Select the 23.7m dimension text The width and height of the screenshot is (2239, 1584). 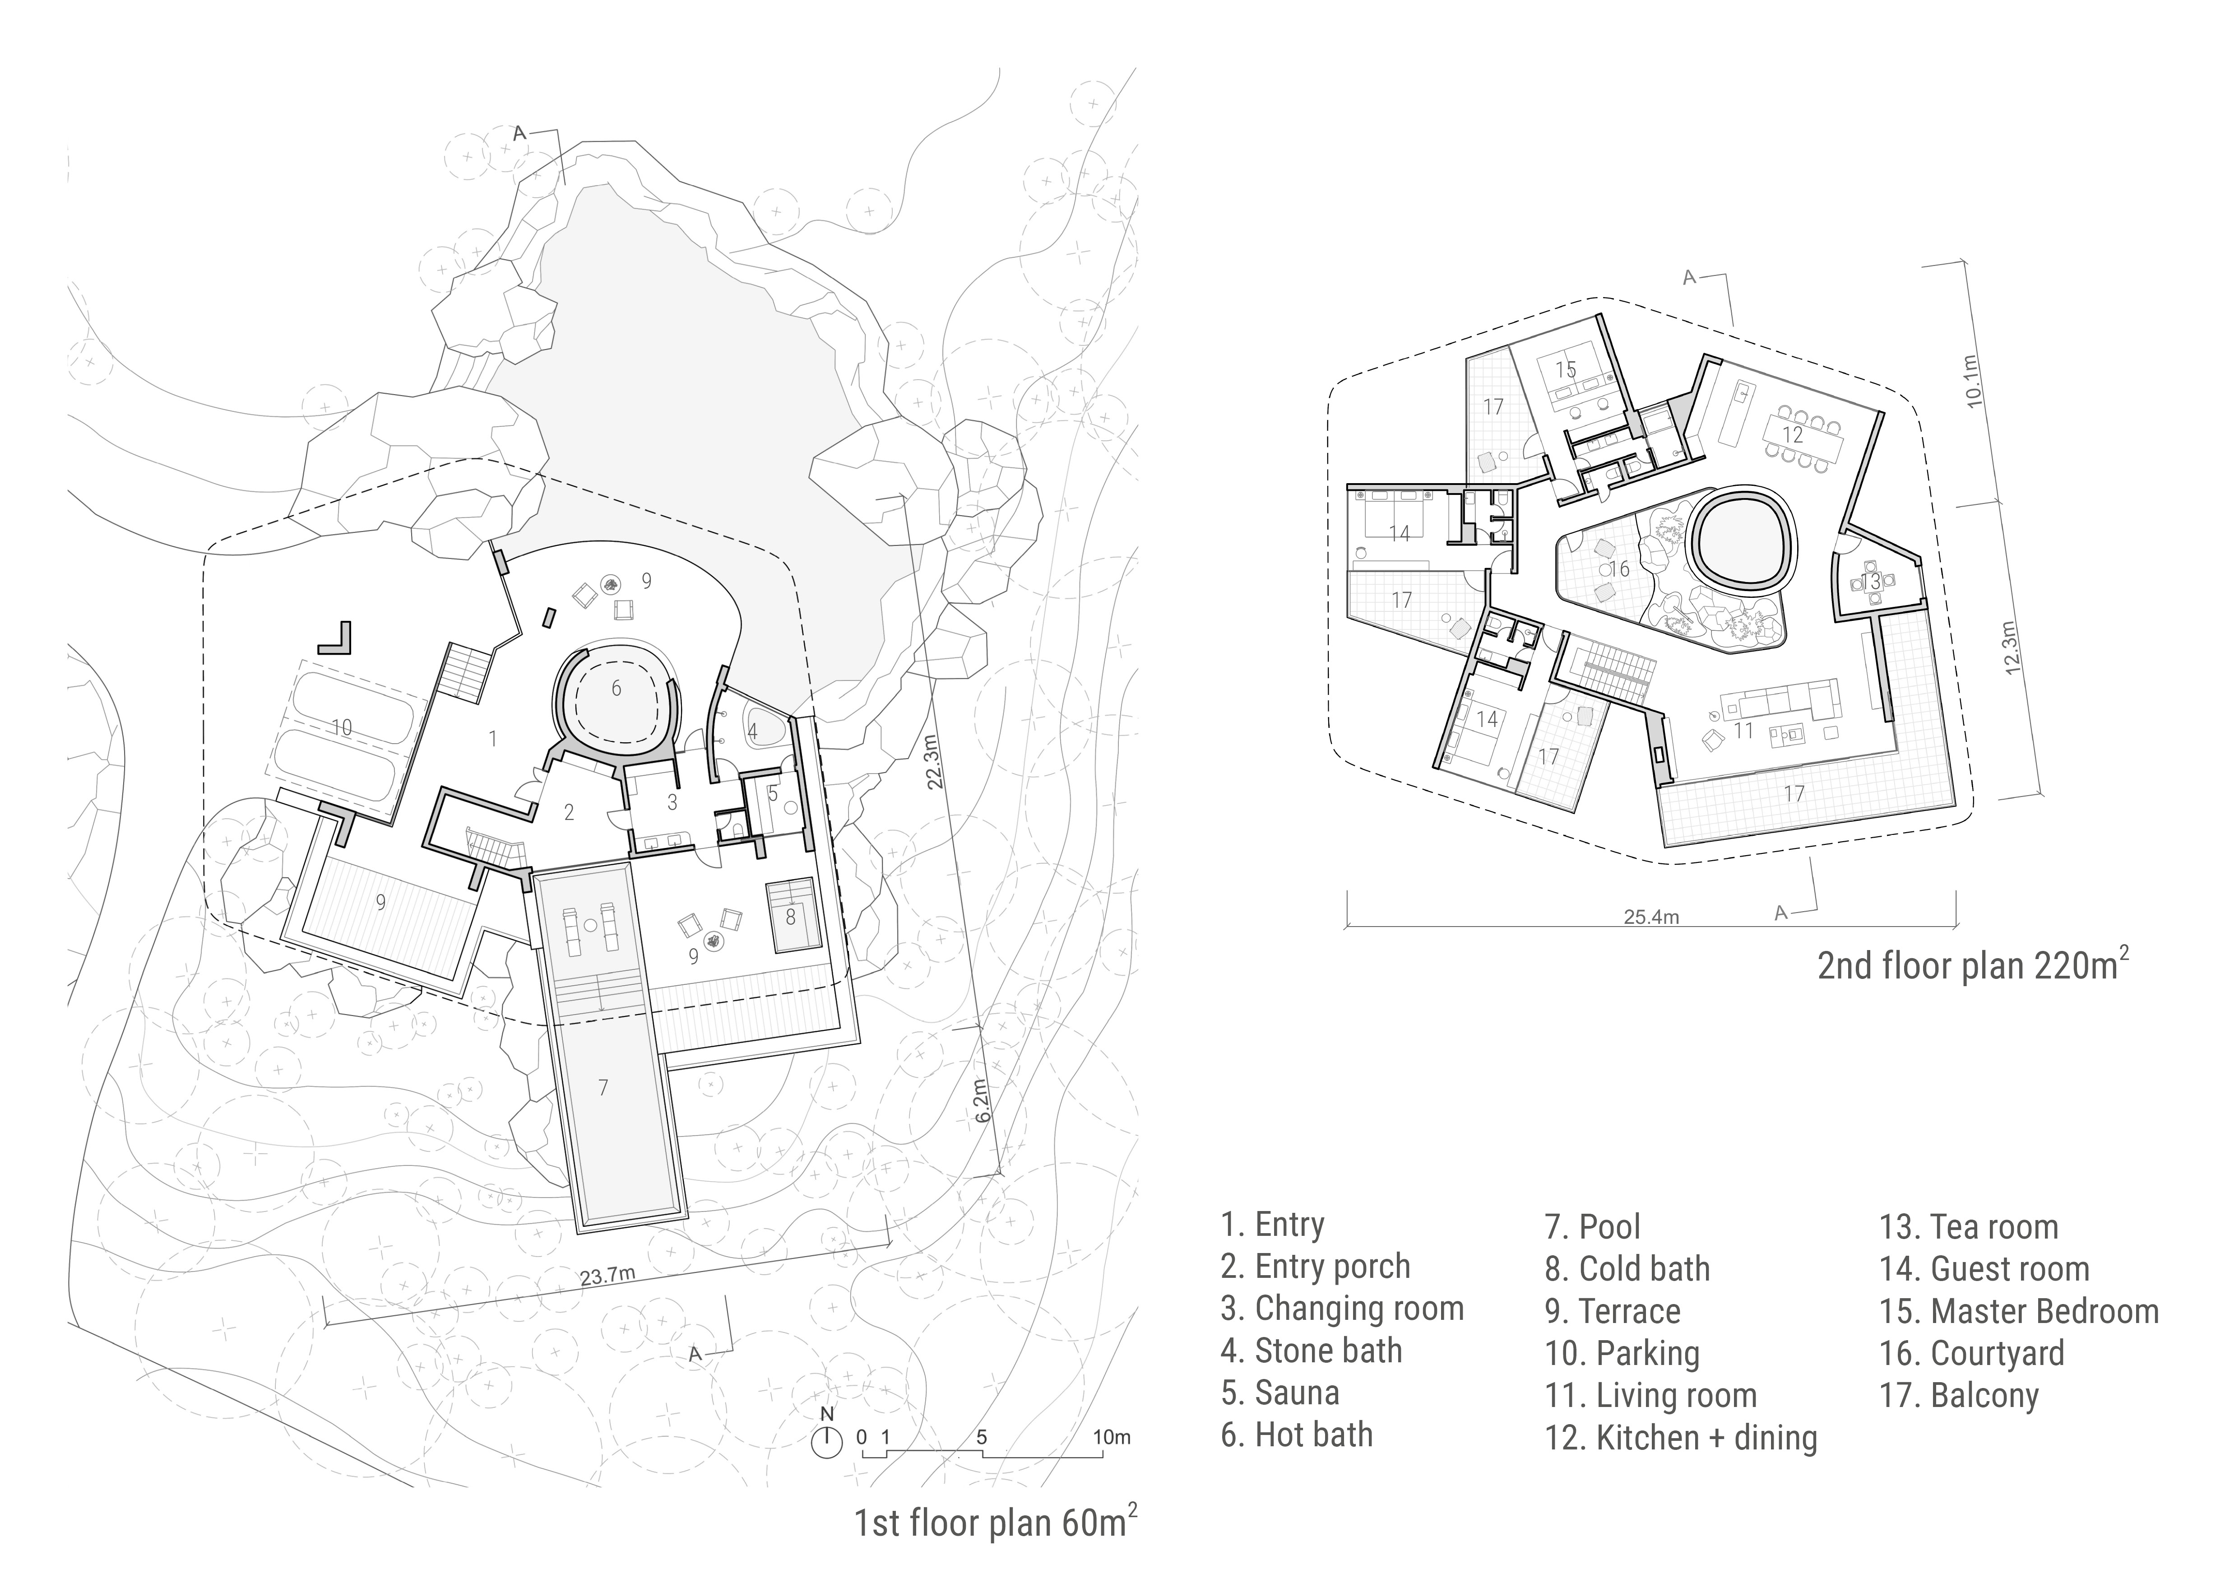pyautogui.click(x=607, y=1276)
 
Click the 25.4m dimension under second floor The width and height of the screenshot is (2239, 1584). pyautogui.click(x=1651, y=917)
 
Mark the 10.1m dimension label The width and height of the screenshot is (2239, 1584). pyautogui.click(x=1972, y=380)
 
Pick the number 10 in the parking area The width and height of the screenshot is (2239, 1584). pyautogui.click(x=341, y=727)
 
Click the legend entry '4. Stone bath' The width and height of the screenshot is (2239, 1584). pyautogui.click(x=1312, y=1351)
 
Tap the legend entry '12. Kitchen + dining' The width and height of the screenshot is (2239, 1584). pyautogui.click(x=1681, y=1438)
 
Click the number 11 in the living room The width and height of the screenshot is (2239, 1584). pyautogui.click(x=1743, y=731)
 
